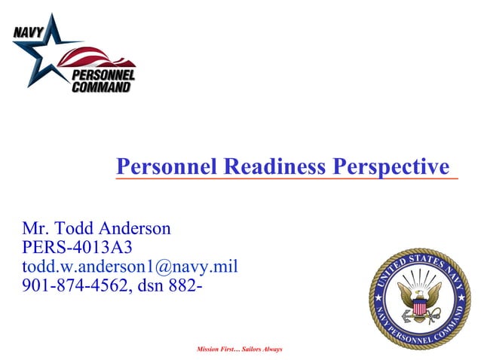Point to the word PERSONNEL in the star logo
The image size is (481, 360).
pos(104,75)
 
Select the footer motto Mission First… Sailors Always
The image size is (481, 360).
pos(239,349)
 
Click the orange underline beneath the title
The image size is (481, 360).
pos(286,180)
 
